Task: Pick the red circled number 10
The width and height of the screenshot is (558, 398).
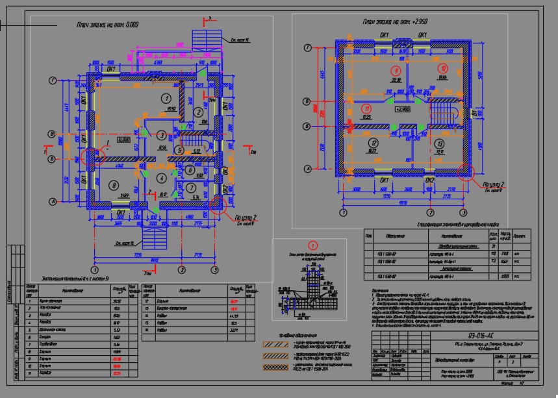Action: coord(444,68)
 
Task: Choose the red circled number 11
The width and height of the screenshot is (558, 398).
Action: coord(368,108)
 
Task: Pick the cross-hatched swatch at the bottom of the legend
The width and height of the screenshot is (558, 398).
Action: coord(277,367)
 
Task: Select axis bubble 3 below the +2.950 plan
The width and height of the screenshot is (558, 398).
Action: coord(463,212)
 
